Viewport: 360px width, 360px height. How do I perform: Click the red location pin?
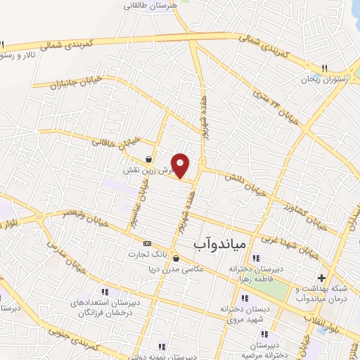(181, 165)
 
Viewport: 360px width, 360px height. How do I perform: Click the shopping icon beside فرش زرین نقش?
(148, 159)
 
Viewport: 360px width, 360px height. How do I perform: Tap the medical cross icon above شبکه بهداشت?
(323, 277)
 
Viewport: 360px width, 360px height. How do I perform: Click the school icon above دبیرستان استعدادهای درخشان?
(104, 292)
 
